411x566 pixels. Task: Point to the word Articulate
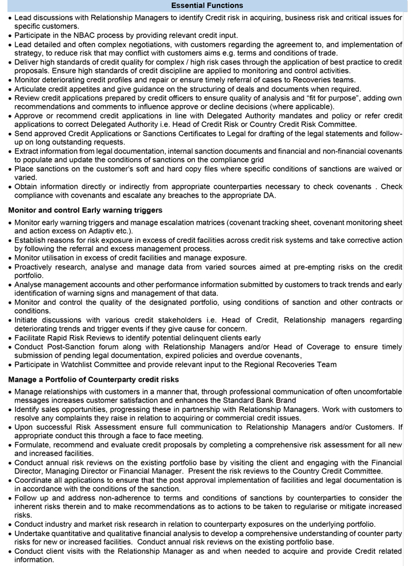click(35, 88)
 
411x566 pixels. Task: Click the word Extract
click(29, 151)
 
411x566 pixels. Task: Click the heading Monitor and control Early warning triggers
click(85, 209)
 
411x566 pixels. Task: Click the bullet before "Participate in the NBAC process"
click(10, 35)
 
